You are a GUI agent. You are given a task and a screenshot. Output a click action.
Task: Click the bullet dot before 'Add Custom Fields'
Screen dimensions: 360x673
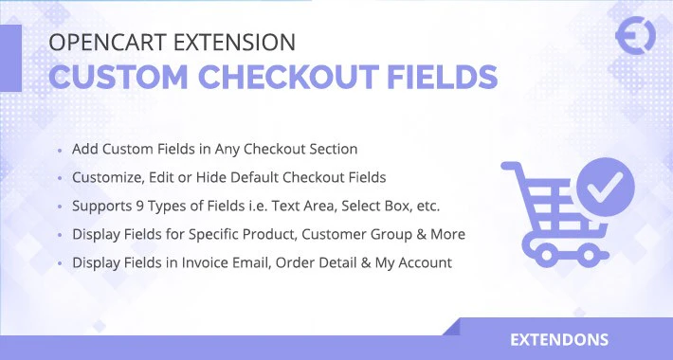61,152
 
